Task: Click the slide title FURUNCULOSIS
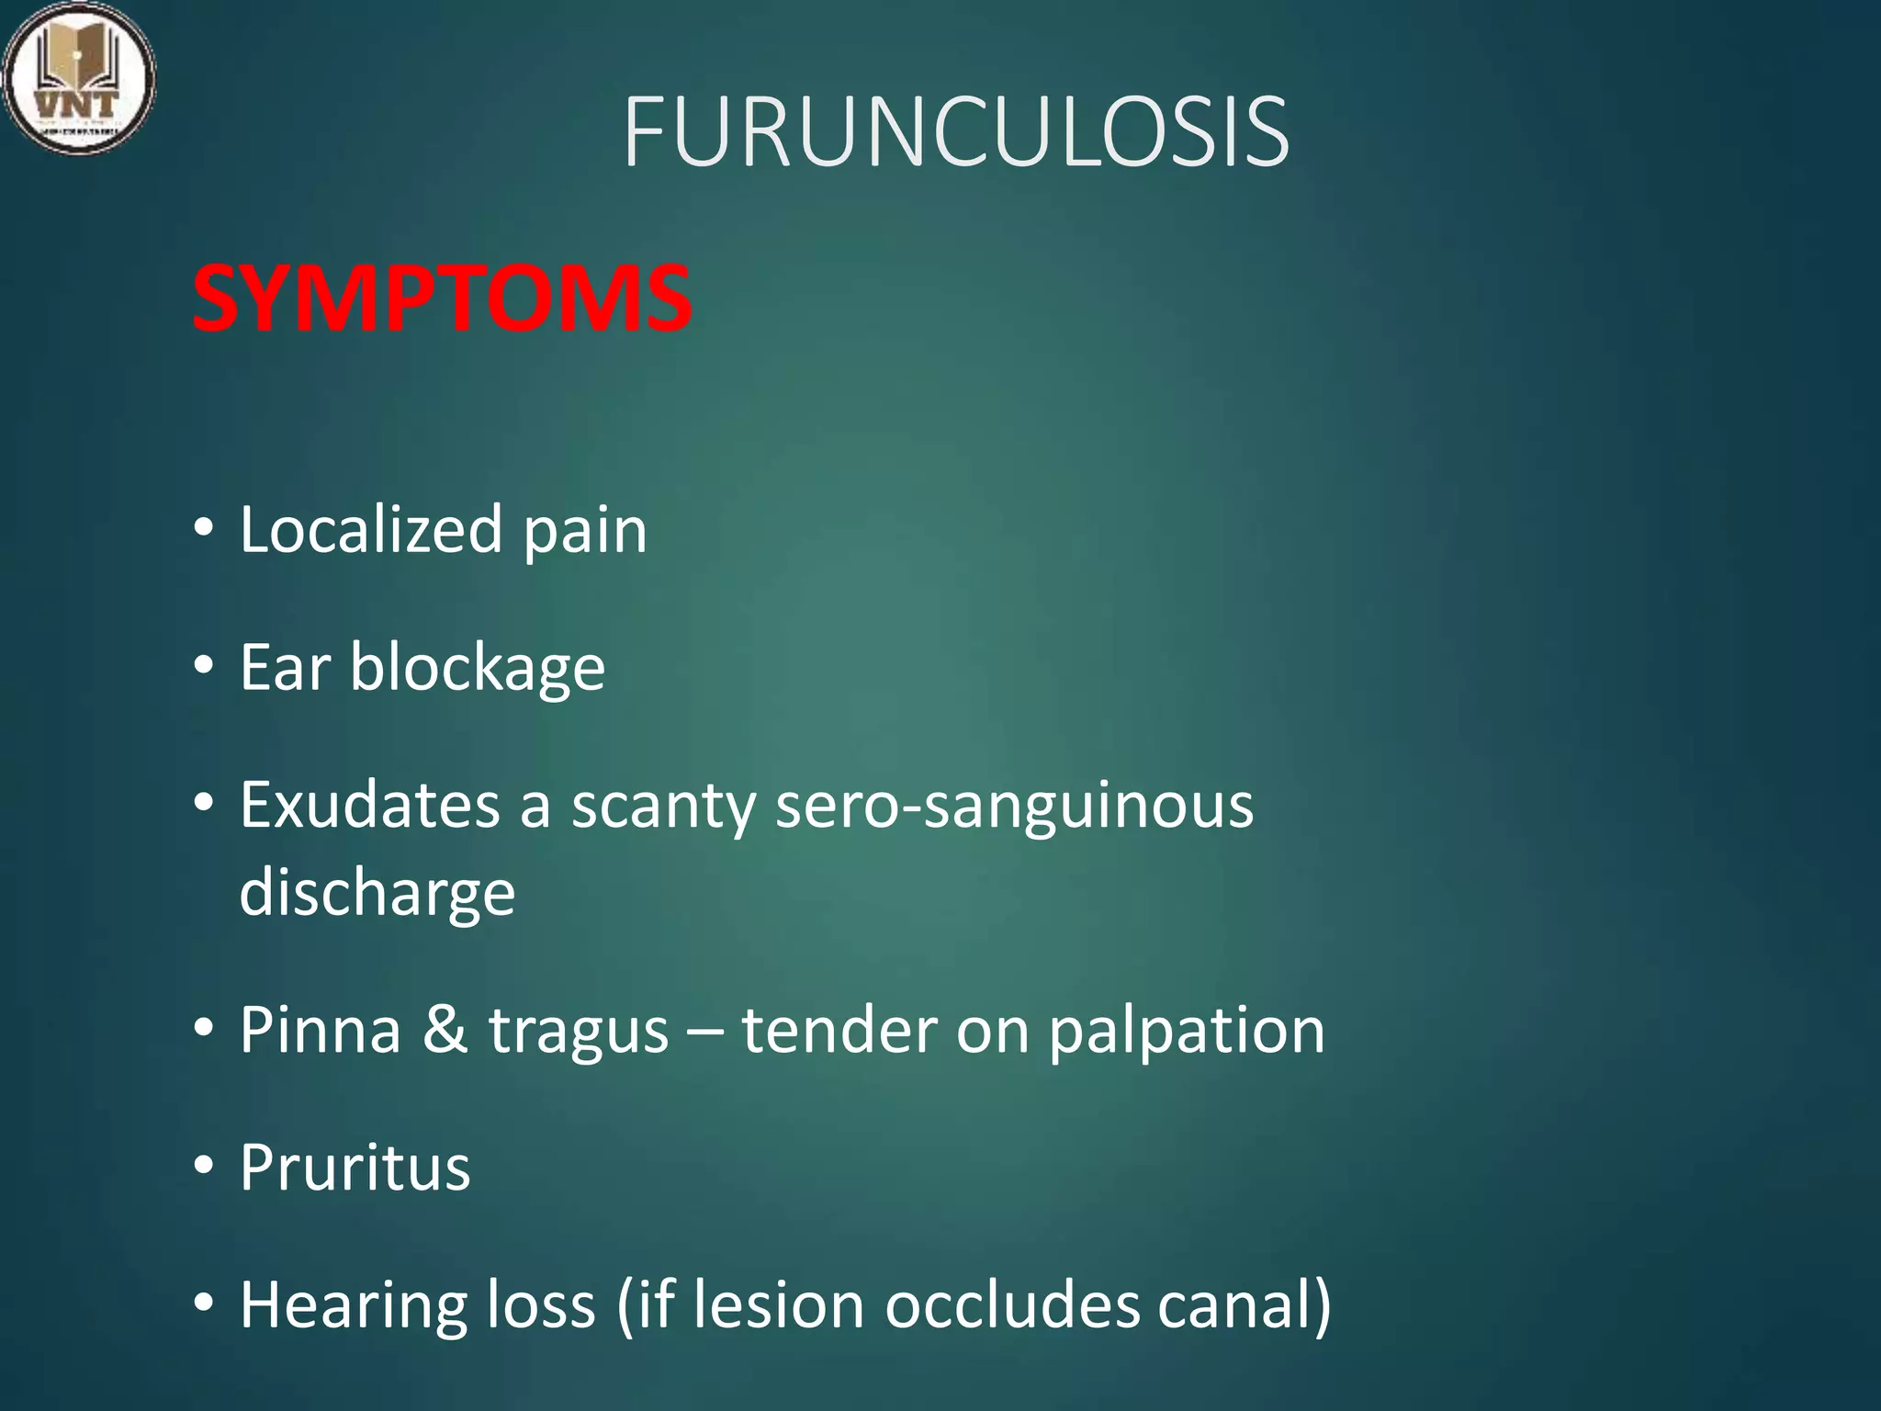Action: pyautogui.click(x=955, y=132)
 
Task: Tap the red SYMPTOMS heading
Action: pyautogui.click(x=442, y=299)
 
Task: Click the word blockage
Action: pyautogui.click(x=477, y=669)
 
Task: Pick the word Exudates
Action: pyautogui.click(x=369, y=806)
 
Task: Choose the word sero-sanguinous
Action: pyautogui.click(x=1014, y=806)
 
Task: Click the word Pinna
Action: pyautogui.click(x=321, y=1030)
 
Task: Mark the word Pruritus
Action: pyautogui.click(x=355, y=1168)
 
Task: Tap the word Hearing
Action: pyautogui.click(x=353, y=1306)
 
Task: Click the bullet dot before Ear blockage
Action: pyautogui.click(x=204, y=664)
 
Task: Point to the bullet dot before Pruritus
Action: pyautogui.click(x=204, y=1164)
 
